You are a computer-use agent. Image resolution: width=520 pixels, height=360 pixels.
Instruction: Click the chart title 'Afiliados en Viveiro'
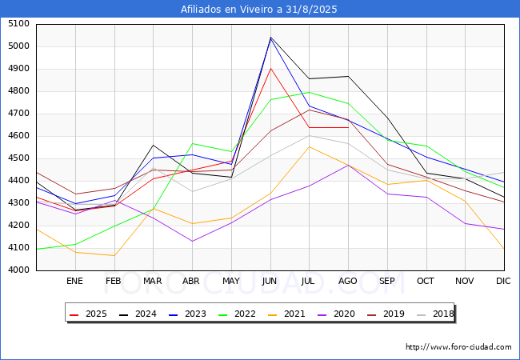[x=259, y=10]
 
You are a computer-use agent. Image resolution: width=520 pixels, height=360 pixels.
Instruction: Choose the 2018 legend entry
[x=435, y=314]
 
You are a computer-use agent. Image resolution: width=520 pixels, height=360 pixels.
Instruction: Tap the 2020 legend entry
[x=339, y=314]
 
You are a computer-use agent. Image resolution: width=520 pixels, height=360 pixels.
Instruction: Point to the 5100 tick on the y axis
[x=18, y=24]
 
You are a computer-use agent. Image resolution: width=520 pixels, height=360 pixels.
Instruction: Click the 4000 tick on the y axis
[x=18, y=270]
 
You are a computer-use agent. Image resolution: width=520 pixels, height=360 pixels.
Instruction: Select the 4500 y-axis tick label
[x=18, y=158]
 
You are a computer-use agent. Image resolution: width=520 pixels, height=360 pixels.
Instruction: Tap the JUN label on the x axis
[x=270, y=281]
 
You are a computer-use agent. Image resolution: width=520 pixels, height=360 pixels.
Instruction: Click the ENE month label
[x=74, y=281]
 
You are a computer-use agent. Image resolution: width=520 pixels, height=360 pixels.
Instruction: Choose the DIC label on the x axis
[x=503, y=281]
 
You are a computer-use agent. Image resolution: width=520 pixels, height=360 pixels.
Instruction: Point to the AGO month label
[x=348, y=281]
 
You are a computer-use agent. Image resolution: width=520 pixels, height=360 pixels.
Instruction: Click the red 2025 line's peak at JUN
[x=270, y=68]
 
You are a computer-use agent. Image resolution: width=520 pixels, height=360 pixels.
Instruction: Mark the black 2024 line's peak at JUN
[x=270, y=37]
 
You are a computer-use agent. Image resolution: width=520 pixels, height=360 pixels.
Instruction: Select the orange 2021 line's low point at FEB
[x=114, y=256]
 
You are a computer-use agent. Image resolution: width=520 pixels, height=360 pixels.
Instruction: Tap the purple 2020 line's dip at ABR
[x=192, y=241]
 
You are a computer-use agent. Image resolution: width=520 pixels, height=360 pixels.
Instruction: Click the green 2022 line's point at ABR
[x=192, y=144]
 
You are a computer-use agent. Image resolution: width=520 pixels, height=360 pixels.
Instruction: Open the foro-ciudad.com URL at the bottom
[x=458, y=347]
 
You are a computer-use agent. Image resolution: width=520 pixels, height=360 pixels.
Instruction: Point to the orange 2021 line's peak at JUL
[x=310, y=146]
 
